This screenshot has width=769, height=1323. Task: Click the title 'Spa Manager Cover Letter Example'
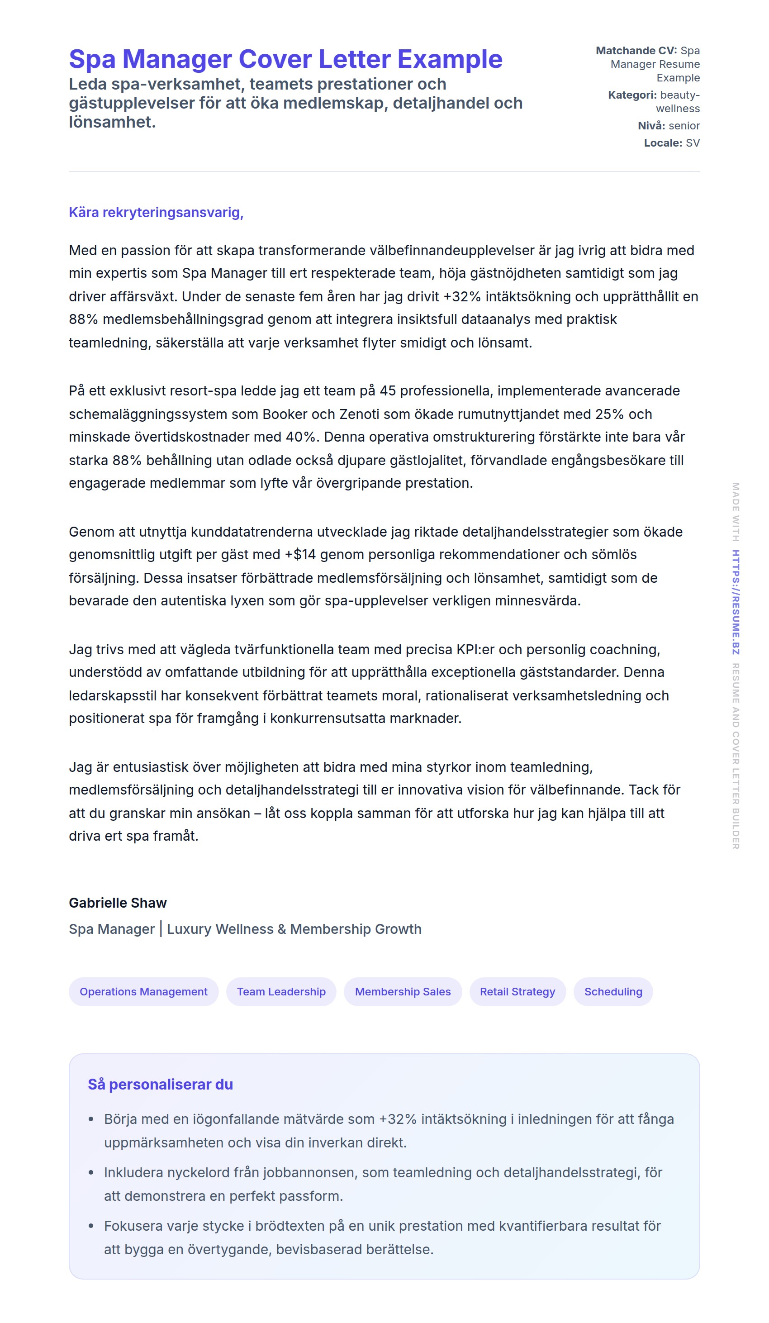285,59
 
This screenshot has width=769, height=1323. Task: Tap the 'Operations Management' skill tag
143,991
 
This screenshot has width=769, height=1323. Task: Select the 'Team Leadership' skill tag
281,991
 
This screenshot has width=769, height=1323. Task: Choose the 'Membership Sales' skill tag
403,991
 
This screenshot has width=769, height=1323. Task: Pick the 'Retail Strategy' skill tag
517,991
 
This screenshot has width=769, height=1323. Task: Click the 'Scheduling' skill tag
612,991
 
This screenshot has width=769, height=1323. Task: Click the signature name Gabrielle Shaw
118,903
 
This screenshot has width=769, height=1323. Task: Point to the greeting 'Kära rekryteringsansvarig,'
156,212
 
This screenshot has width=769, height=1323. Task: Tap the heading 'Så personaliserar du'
160,1084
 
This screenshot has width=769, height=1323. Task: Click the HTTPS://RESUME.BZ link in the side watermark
736,602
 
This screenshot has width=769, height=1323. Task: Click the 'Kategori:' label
632,95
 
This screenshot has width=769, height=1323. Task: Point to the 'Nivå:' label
651,125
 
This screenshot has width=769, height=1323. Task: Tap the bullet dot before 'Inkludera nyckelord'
91,1172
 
